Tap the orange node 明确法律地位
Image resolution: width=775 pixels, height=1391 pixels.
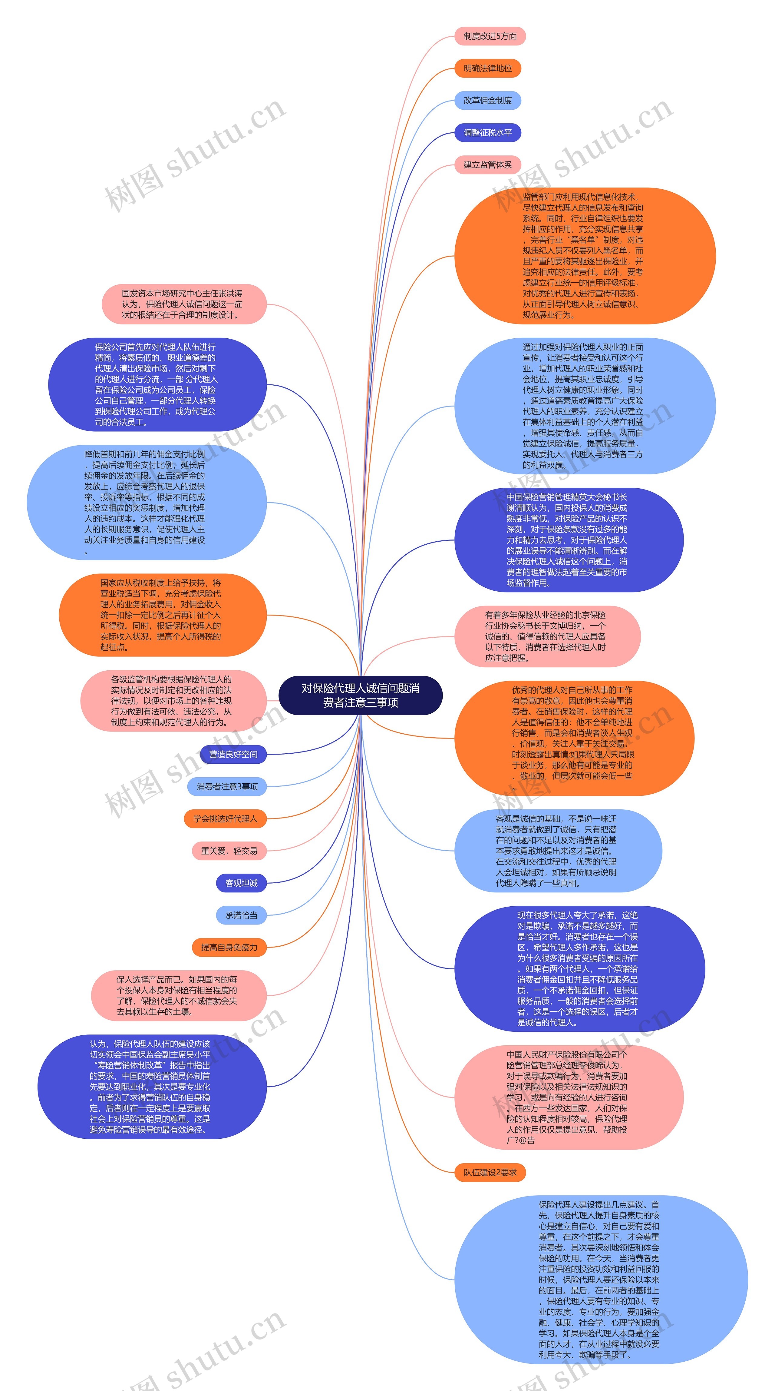487,68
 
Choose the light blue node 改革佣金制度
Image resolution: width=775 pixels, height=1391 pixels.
487,101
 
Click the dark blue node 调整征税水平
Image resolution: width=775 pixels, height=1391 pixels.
487,133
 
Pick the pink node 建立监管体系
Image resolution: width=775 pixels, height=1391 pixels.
487,165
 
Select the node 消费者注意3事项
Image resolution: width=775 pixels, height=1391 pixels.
227,787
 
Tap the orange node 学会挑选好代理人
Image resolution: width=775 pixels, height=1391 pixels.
225,818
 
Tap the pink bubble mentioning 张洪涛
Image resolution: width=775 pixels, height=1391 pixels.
184,304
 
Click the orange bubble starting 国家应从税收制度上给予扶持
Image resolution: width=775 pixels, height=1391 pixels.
163,615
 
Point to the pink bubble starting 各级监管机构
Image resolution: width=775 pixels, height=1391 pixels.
173,701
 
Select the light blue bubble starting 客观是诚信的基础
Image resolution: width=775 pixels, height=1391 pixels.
558,851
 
